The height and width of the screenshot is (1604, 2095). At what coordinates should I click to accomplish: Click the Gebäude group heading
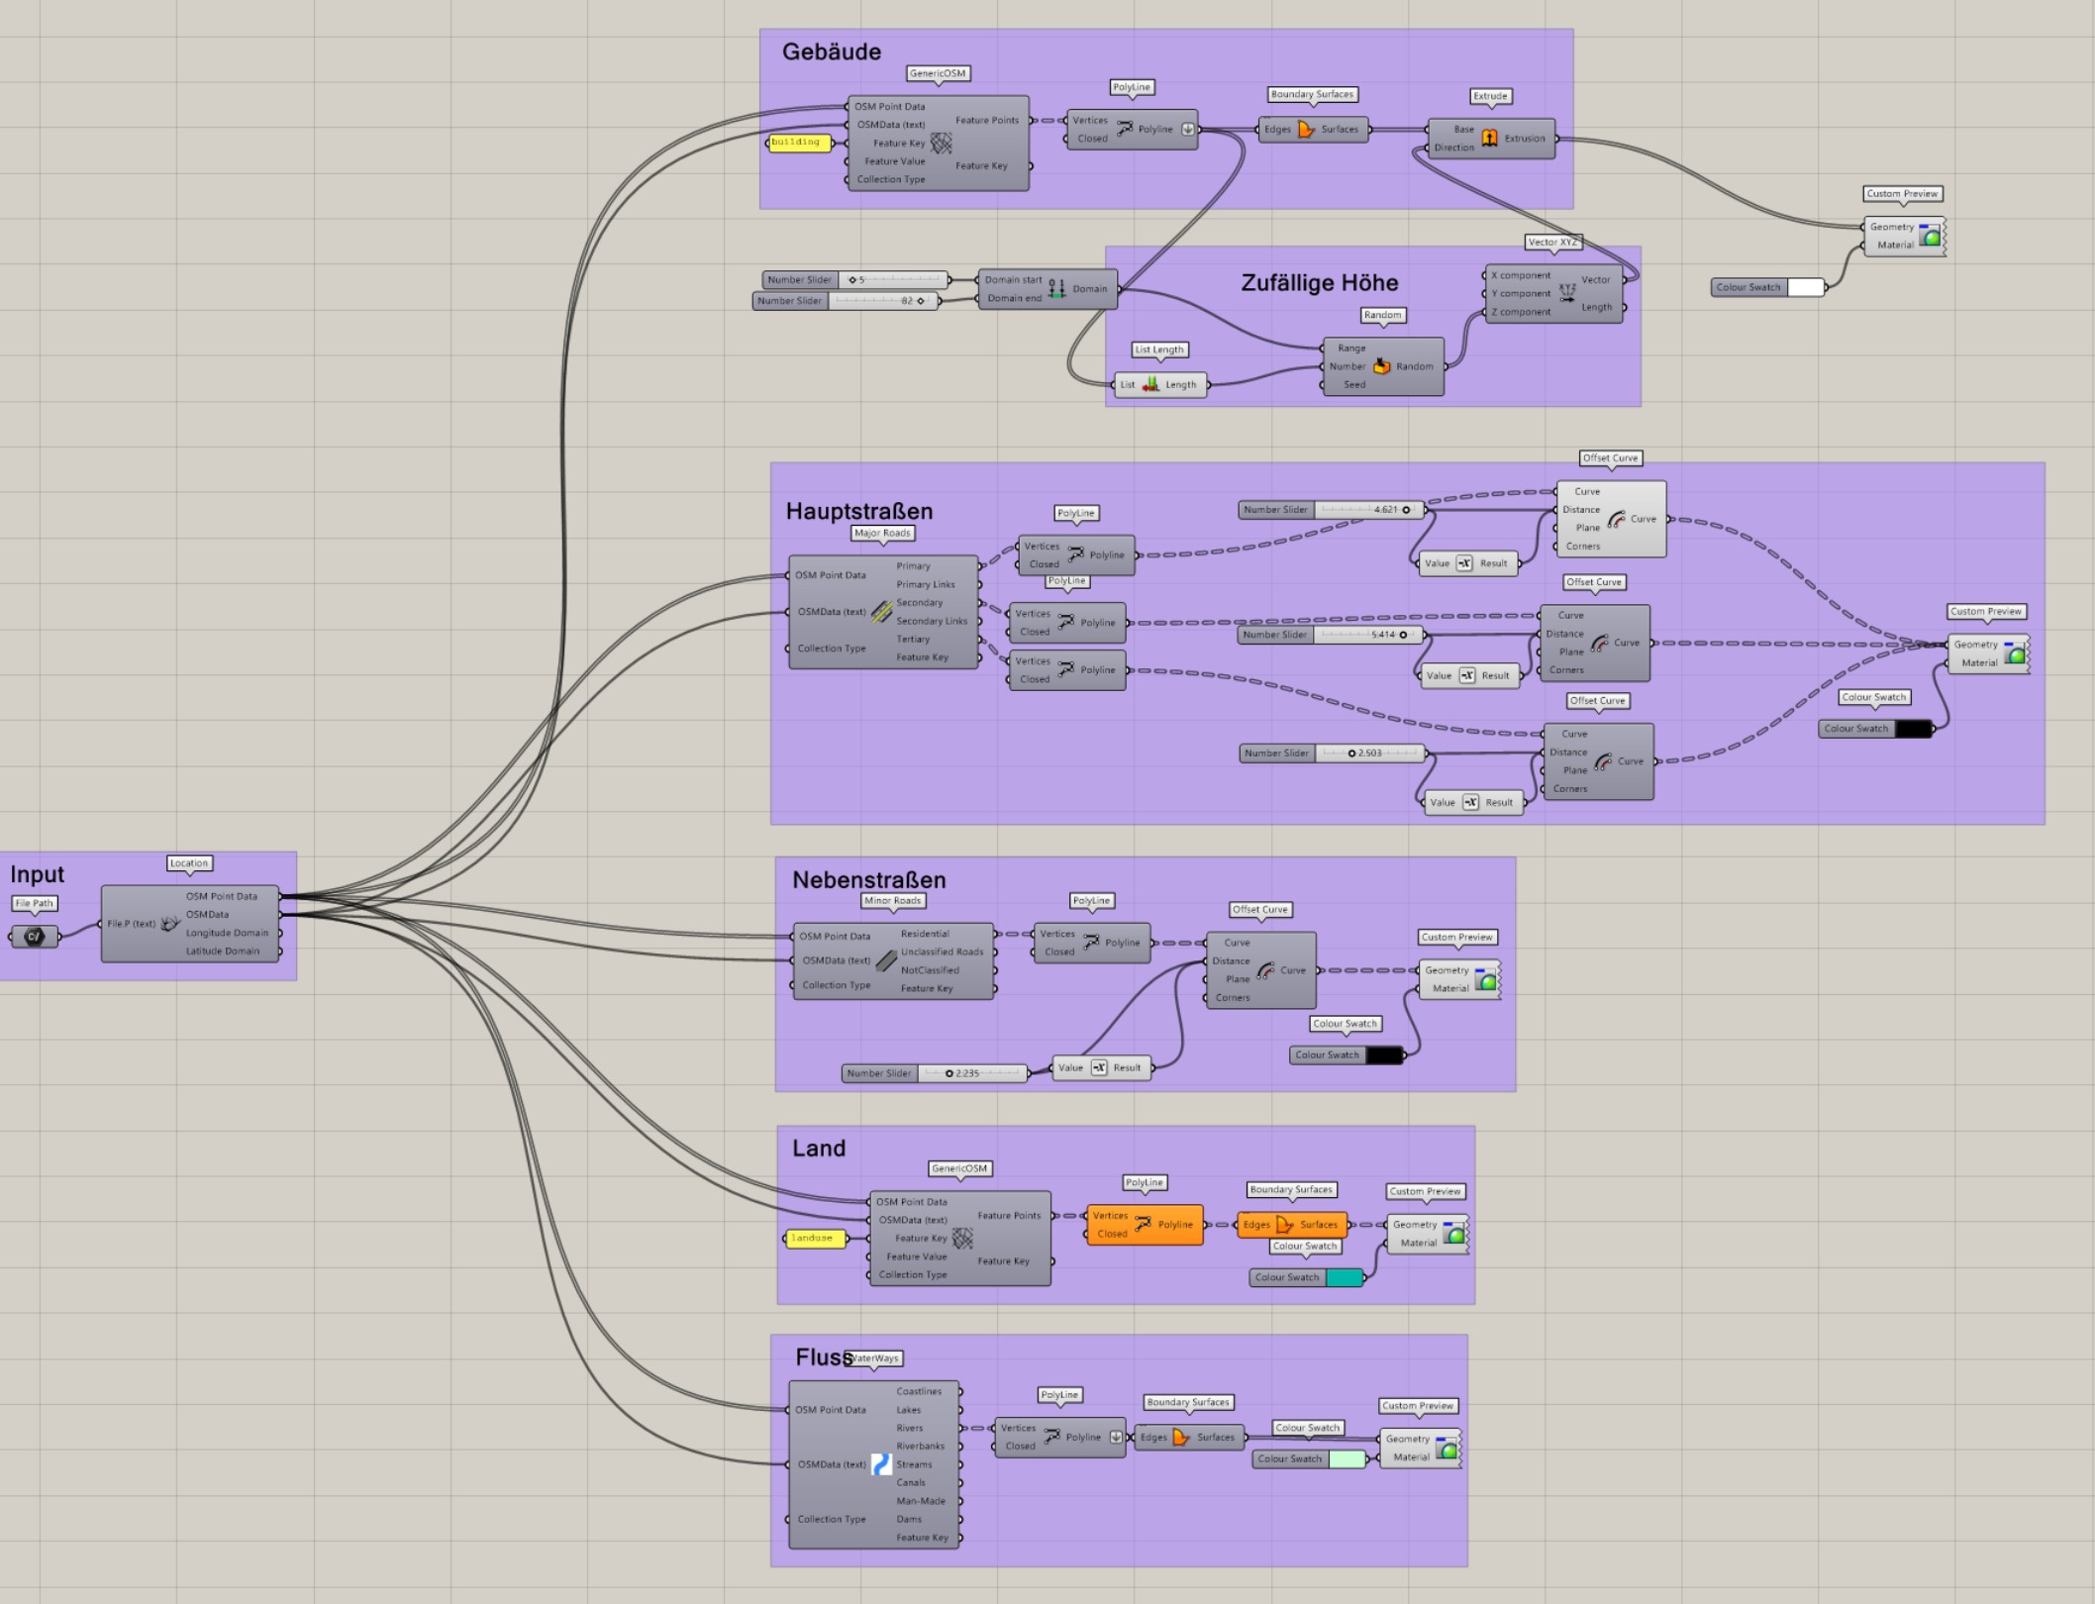point(831,51)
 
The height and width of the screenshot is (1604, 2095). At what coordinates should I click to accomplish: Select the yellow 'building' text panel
point(798,143)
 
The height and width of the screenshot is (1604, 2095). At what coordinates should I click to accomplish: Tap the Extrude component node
point(1490,139)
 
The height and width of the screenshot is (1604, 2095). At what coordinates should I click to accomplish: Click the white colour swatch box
point(1805,287)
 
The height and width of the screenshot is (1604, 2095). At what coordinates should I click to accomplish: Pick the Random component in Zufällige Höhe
point(1382,366)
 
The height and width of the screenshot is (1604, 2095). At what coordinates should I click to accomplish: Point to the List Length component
point(1159,384)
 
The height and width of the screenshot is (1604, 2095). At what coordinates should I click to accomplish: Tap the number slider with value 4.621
point(1368,510)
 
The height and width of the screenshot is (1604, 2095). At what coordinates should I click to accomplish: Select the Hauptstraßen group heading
point(858,511)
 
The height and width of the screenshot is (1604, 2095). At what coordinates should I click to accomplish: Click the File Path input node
point(35,936)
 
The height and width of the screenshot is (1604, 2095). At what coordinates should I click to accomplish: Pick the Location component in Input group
point(189,924)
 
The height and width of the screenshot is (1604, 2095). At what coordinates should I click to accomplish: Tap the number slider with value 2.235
point(971,1073)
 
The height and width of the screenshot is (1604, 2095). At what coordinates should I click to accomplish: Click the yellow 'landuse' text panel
point(814,1239)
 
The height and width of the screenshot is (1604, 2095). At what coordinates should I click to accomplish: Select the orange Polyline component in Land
point(1144,1225)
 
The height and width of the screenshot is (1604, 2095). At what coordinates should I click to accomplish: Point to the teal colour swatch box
point(1344,1277)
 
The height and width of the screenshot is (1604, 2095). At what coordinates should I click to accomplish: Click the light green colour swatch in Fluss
point(1347,1458)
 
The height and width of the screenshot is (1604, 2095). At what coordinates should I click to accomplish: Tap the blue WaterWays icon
point(880,1464)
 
